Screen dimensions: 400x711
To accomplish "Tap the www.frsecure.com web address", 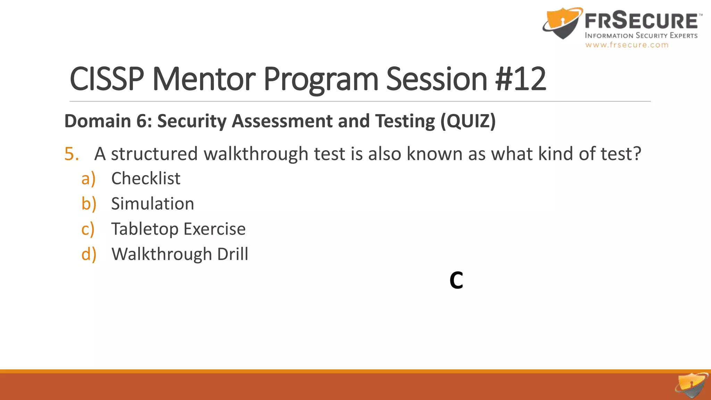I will pyautogui.click(x=627, y=45).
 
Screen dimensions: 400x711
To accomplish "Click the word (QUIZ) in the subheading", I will pyautogui.click(x=468, y=121).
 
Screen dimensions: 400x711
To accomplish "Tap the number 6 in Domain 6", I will pyautogui.click(x=141, y=121).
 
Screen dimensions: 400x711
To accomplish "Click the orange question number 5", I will pyautogui.click(x=72, y=154).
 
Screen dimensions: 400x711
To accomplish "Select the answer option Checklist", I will pyautogui.click(x=146, y=178).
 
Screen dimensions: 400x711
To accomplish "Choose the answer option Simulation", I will pyautogui.click(x=152, y=204).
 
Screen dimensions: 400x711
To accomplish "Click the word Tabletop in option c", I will pyautogui.click(x=144, y=229).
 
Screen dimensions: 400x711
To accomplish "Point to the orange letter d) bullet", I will pyautogui.click(x=89, y=254).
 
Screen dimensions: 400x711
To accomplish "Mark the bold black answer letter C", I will pyautogui.click(x=456, y=280).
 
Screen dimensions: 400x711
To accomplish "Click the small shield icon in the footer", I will pyautogui.click(x=692, y=385).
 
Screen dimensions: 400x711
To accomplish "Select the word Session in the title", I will pyautogui.click(x=437, y=79).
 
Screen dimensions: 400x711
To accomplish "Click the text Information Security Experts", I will pyautogui.click(x=641, y=35).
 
